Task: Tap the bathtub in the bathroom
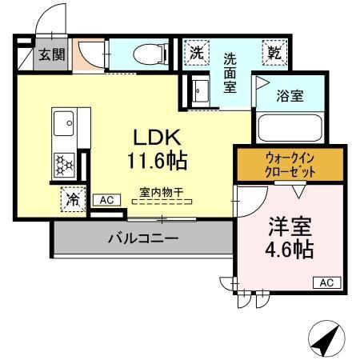click(289, 127)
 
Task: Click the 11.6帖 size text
click(157, 161)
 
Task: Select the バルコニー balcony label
click(142, 238)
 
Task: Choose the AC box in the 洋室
click(326, 282)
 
